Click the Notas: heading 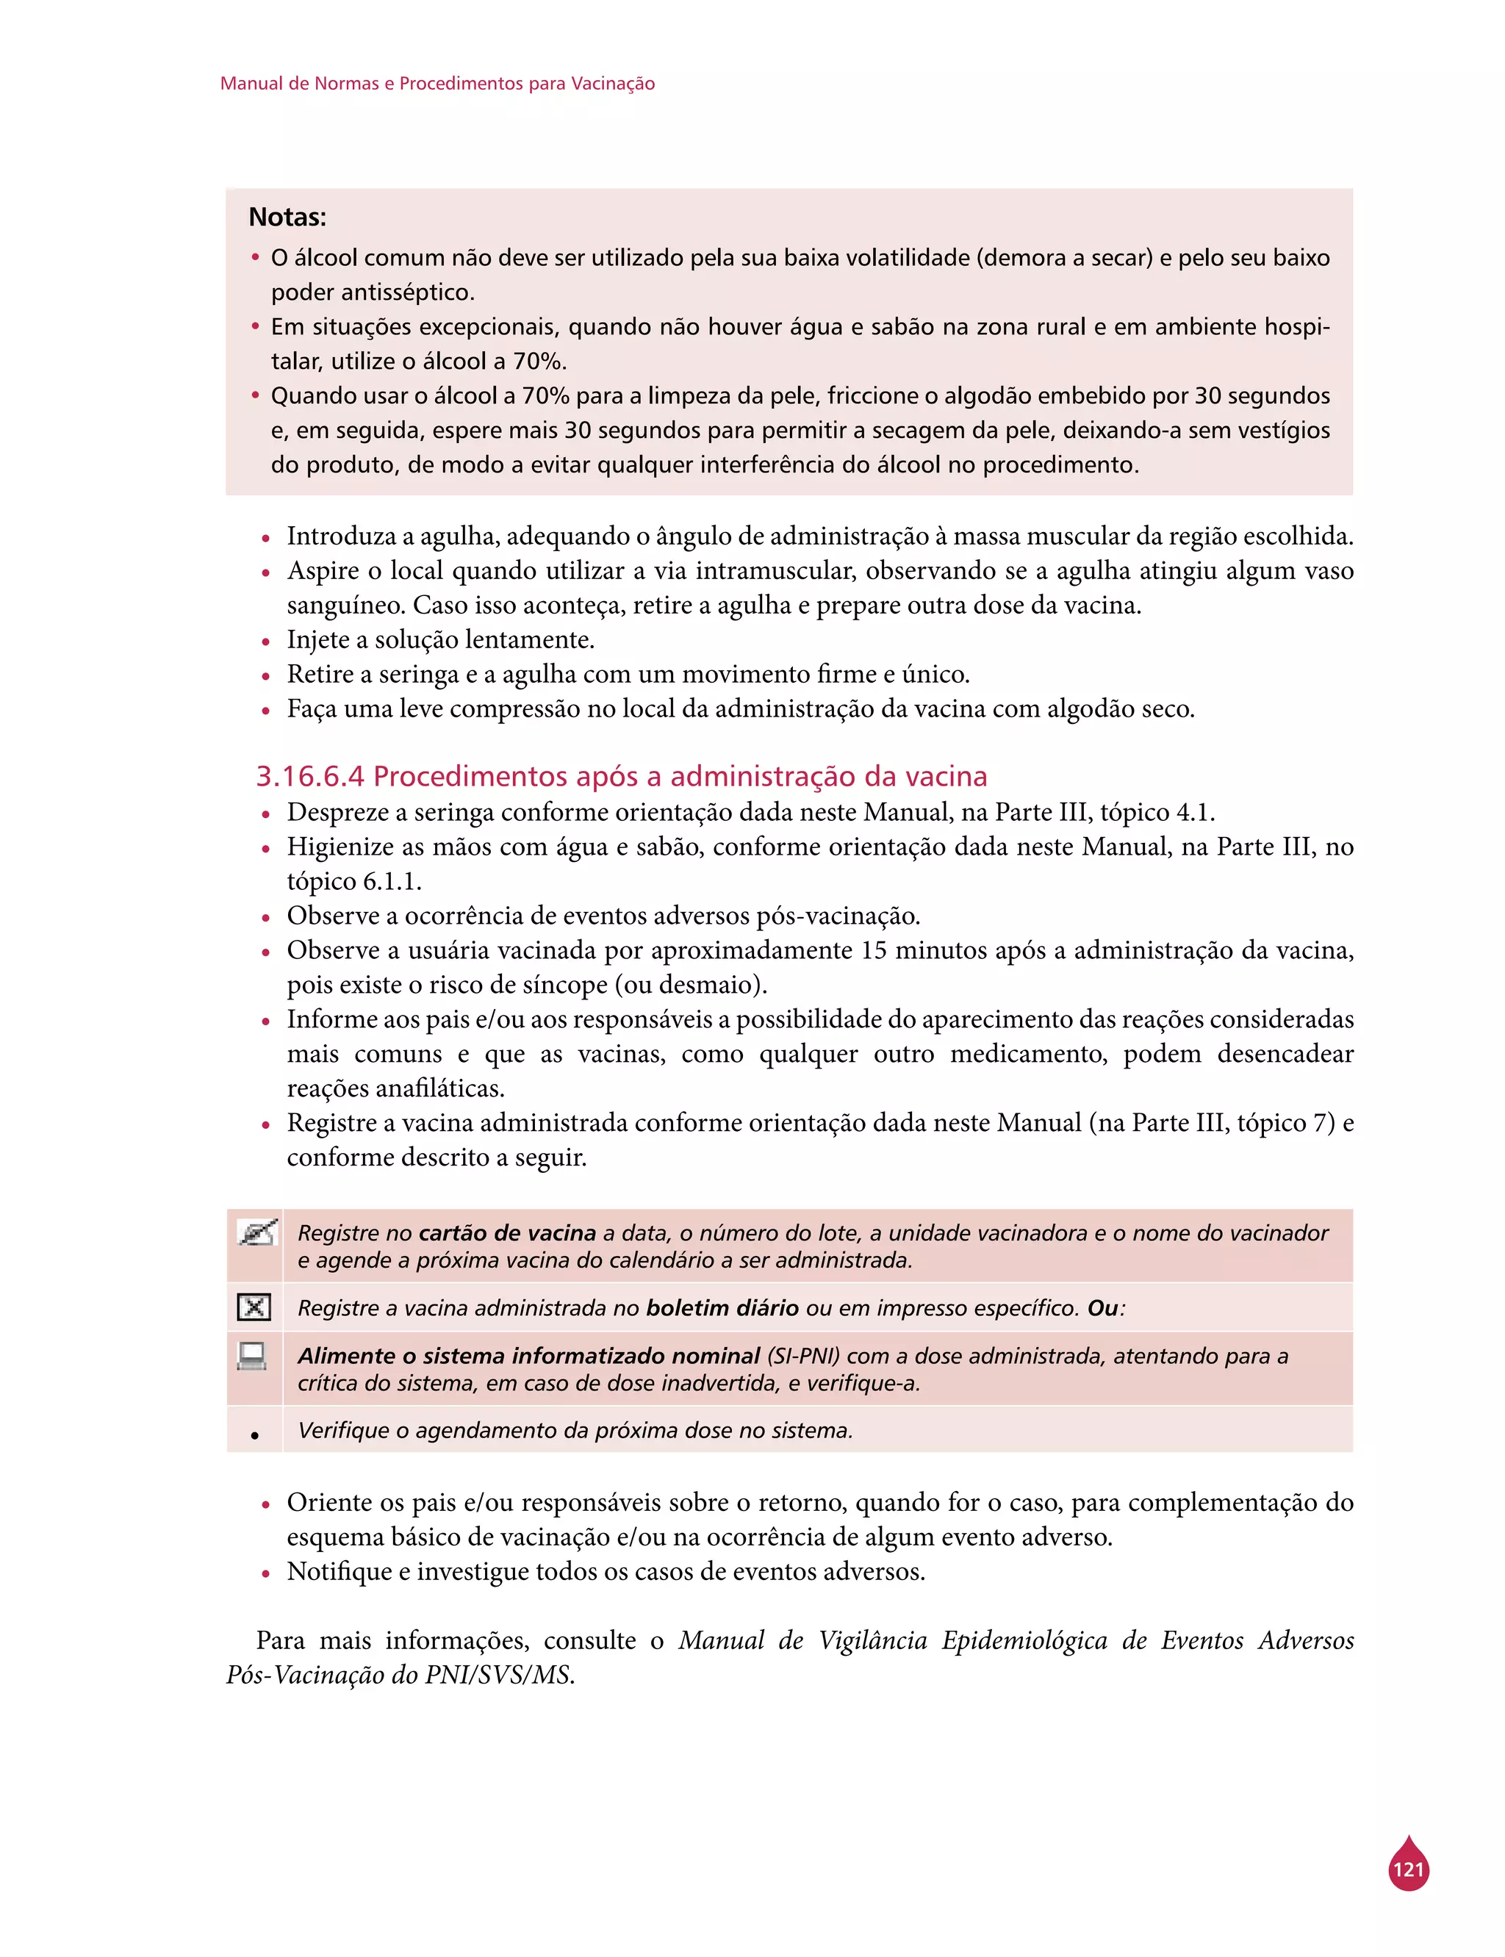[287, 217]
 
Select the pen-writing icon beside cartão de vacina [256, 1233]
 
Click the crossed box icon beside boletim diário [254, 1307]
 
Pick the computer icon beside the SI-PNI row [252, 1356]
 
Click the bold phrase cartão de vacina [507, 1232]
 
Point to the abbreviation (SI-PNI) [802, 1356]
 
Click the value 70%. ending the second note [539, 361]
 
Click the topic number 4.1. [1195, 811]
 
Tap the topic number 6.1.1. [392, 881]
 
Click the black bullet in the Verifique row [254, 1434]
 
